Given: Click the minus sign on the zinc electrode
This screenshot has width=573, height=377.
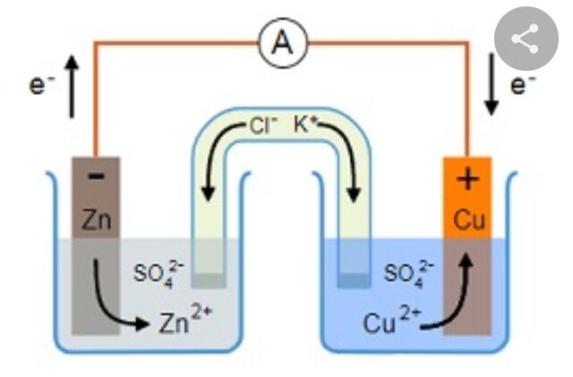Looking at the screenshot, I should [x=96, y=177].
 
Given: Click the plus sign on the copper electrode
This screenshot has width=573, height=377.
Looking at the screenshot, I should [x=467, y=180].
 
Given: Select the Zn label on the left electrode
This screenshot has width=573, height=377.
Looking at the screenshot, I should [x=96, y=218].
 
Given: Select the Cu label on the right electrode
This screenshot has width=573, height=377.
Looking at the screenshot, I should [x=467, y=220].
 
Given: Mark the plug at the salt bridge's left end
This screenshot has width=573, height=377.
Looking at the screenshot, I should [x=209, y=279].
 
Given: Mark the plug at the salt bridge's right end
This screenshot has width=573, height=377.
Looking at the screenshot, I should [x=354, y=280].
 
